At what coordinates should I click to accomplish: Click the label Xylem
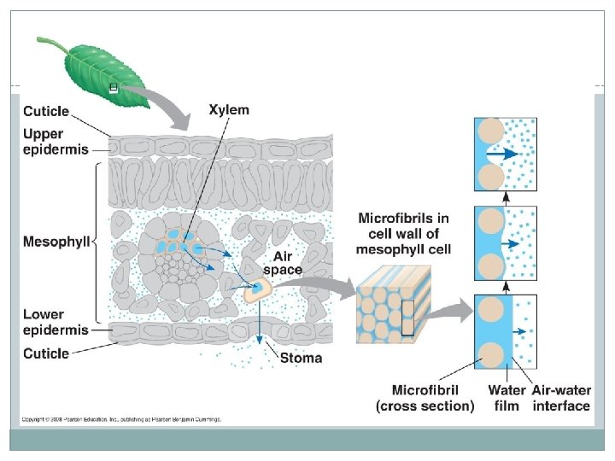point(229,110)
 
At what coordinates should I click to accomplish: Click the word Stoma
point(302,358)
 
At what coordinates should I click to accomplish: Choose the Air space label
point(287,263)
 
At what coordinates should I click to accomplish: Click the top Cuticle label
point(47,111)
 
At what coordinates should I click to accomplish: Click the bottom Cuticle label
point(47,353)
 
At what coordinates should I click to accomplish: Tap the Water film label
point(507,399)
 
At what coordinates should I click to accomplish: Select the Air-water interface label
point(561,399)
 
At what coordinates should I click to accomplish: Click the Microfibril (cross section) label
point(425,399)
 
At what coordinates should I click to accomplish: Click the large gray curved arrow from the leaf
point(171,102)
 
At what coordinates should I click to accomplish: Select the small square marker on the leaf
point(114,88)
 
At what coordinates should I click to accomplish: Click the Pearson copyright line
point(122,419)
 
